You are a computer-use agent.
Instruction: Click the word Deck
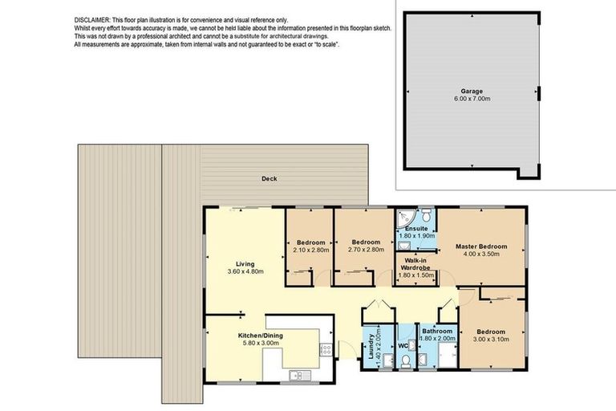[x=269, y=179]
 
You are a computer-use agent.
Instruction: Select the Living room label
[x=245, y=263]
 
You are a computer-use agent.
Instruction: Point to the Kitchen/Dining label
[x=261, y=336]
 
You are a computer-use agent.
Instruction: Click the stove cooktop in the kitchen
[x=325, y=350]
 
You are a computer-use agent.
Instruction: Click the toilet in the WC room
[x=407, y=362]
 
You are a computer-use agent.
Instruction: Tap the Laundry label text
[x=371, y=345]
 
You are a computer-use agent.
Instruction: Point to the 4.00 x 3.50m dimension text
[x=481, y=254]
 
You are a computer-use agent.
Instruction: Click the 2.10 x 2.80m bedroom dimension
[x=310, y=250]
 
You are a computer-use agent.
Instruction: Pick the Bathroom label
[x=438, y=331]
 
